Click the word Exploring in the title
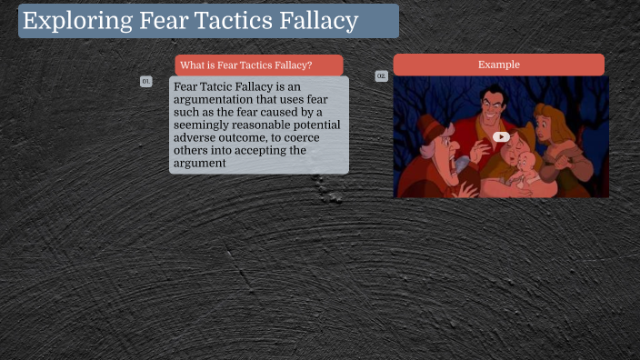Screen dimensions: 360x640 click(x=70, y=21)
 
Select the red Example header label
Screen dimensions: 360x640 click(x=498, y=65)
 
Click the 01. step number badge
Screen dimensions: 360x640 click(x=145, y=82)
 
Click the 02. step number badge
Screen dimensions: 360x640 click(x=381, y=76)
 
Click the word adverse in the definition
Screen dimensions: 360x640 click(x=197, y=137)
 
